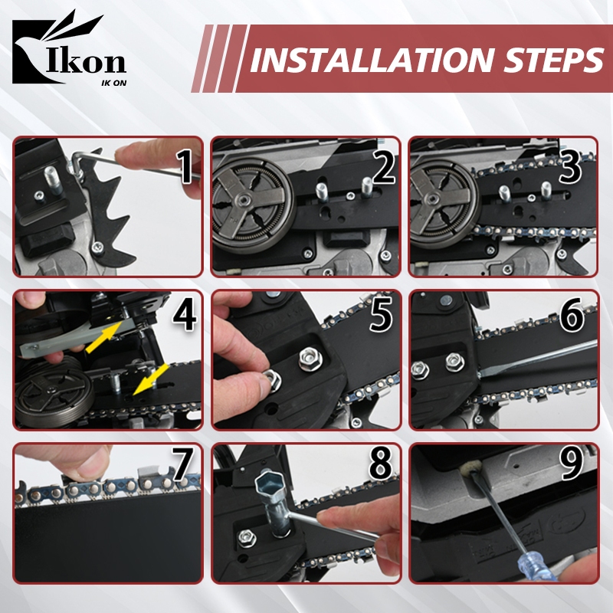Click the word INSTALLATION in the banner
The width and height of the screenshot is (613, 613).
[371, 60]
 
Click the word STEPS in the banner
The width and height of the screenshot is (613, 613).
[552, 60]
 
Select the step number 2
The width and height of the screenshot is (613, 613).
[385, 167]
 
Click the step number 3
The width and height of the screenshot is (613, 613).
[571, 167]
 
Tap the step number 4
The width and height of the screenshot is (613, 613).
[184, 315]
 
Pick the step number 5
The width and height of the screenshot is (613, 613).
[382, 315]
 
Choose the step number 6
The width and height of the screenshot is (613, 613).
[572, 315]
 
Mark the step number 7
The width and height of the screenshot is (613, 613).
[182, 464]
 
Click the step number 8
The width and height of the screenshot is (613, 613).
[380, 464]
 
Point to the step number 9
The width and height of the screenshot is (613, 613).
[571, 464]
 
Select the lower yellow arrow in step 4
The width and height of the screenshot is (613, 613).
[150, 379]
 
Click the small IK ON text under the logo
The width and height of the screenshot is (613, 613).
[113, 83]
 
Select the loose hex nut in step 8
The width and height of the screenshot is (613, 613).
[247, 539]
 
